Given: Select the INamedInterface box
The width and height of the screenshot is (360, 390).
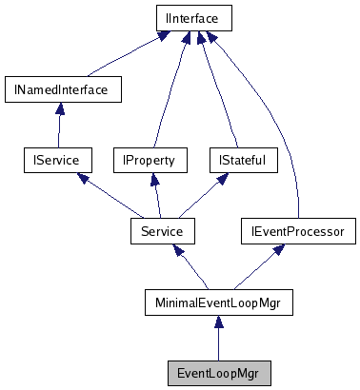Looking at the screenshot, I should point(56,90).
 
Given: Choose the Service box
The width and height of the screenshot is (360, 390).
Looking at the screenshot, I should point(162,230).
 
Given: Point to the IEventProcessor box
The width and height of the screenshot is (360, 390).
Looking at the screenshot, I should point(298,230).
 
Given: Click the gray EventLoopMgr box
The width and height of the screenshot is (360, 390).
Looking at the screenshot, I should point(218,372).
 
